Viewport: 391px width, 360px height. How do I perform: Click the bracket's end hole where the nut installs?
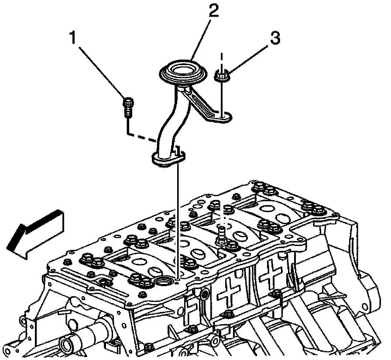[223, 116]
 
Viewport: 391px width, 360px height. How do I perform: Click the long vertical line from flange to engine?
[177, 218]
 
